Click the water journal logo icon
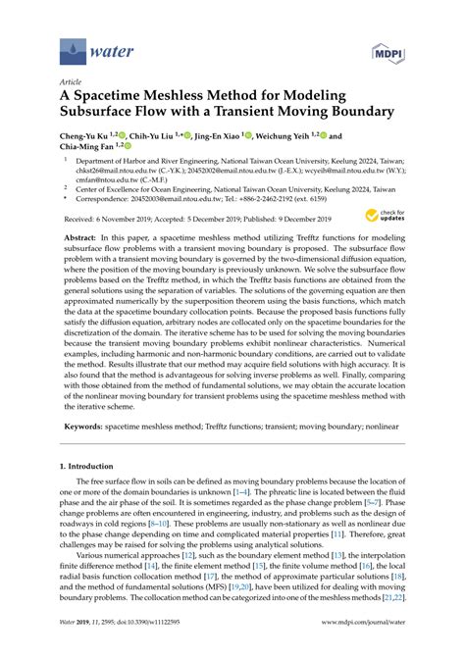pos(73,47)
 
